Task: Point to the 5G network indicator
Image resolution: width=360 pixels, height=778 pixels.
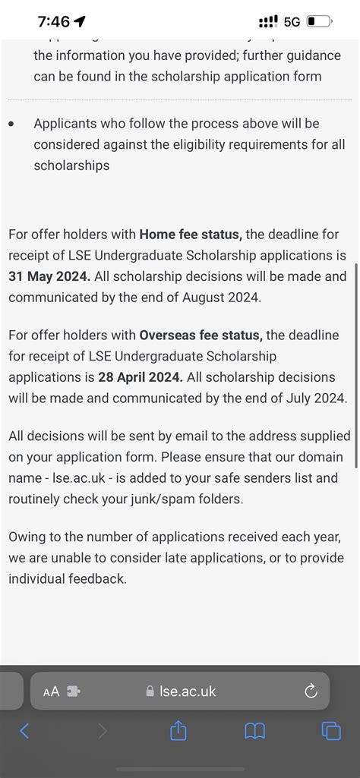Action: tap(292, 21)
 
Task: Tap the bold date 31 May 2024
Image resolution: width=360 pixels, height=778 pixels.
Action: tap(49, 276)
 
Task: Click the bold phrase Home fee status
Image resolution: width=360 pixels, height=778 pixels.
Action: tap(191, 235)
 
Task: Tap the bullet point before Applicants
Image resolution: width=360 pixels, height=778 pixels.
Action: tap(11, 124)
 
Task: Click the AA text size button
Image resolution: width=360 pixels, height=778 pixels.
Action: tap(52, 691)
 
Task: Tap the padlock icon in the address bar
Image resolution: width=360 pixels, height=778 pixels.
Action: tap(150, 691)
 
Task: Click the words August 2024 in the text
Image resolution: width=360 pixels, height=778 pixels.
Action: tap(224, 298)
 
